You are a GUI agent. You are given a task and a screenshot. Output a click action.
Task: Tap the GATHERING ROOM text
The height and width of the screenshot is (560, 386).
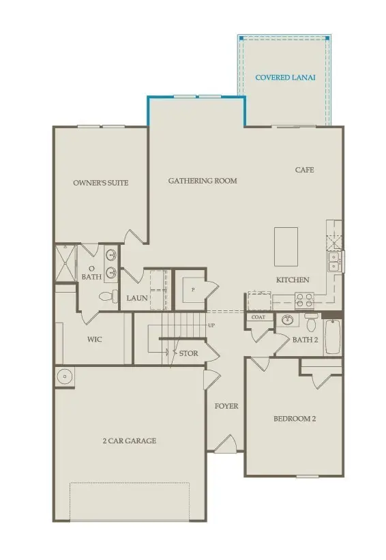[203, 181]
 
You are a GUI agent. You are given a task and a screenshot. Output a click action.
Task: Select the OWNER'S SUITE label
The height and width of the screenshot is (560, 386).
[101, 183]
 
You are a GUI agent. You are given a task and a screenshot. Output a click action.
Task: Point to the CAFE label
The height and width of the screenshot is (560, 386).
[304, 170]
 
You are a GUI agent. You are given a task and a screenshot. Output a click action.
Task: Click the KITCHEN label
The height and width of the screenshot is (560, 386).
[293, 280]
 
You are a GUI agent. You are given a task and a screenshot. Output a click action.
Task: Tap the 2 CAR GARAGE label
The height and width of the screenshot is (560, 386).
[129, 441]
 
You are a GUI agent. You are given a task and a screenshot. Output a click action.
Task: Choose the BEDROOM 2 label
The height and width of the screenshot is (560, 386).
[295, 419]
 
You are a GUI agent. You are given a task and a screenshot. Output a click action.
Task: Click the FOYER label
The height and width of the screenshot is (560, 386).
[226, 406]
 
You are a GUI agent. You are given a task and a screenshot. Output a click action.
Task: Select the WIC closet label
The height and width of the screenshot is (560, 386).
[95, 339]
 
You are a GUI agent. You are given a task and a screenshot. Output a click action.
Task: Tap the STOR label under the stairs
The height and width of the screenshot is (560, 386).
[189, 353]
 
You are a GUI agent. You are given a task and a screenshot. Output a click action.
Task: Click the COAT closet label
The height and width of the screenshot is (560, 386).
[258, 317]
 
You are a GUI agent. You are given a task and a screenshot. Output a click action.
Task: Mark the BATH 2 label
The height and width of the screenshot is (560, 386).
[304, 339]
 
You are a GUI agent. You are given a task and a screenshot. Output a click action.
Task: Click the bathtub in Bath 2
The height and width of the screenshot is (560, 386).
[333, 336]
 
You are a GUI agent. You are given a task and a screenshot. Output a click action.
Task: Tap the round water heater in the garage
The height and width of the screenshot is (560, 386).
[63, 375]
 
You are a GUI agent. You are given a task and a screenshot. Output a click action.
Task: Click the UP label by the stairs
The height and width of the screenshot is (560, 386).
[211, 325]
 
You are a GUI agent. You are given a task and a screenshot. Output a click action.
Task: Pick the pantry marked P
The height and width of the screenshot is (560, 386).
[193, 289]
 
